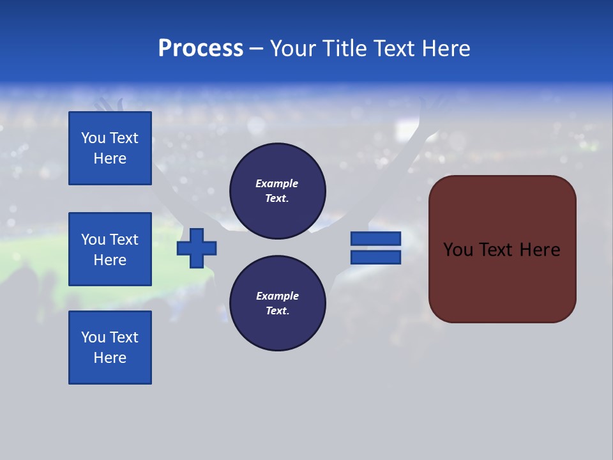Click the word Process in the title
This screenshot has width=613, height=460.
coord(201,49)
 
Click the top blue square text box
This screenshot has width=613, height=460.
coord(110,148)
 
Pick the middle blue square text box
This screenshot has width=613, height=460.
coord(110,249)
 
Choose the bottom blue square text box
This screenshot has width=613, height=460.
coord(110,348)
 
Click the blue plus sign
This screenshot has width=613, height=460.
coord(197,248)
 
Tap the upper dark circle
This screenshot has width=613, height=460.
coord(278,191)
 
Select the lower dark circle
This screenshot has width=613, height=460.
coord(278,303)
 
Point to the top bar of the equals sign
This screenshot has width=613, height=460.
coord(375,239)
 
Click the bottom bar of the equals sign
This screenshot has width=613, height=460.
coord(375,257)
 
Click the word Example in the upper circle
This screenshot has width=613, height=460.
coord(276,183)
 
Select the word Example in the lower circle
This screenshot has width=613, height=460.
coord(277,296)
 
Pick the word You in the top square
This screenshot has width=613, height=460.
coord(93,138)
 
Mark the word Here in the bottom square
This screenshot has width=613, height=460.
coord(110,358)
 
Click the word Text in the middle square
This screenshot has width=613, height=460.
coord(124,240)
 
